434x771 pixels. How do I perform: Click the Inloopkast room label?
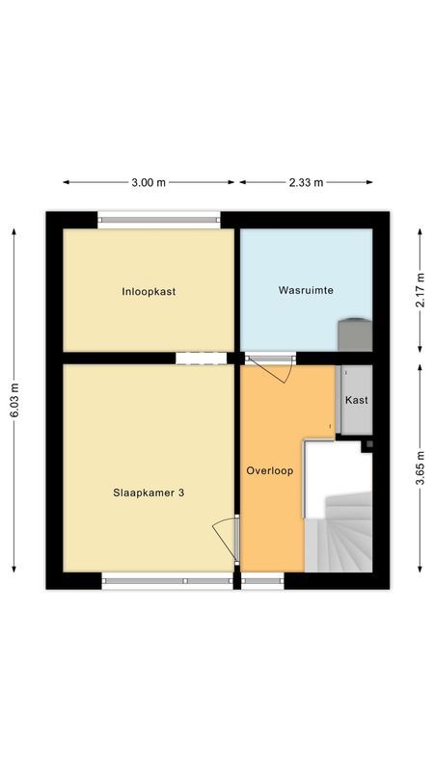coord(149,291)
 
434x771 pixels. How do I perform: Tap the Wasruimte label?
coord(306,290)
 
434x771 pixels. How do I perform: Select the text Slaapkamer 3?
coord(148,492)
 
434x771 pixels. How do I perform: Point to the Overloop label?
coord(269,471)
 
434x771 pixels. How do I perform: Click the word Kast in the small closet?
coord(356,400)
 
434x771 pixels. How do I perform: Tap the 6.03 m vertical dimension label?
coord(14,400)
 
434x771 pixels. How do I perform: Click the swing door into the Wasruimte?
coord(273,368)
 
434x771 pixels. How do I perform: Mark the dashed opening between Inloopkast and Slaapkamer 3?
coord(201,358)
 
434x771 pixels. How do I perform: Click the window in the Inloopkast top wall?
coord(158,219)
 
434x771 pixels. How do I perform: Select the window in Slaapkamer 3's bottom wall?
coord(167,581)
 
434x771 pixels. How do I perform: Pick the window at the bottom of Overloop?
coord(261,581)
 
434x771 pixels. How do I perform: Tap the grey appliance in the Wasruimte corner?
coord(354,334)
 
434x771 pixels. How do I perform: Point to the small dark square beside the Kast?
coord(366,445)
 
